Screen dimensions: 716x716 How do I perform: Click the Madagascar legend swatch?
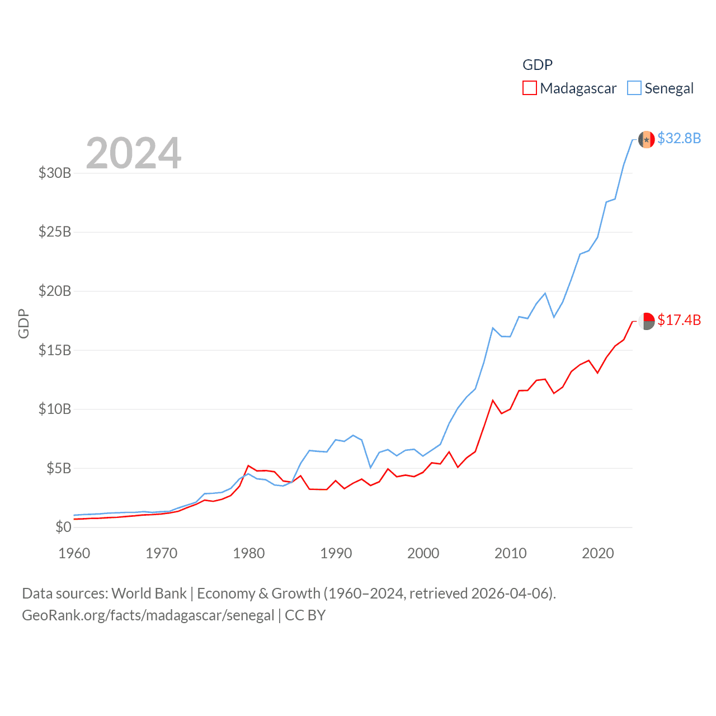point(529,88)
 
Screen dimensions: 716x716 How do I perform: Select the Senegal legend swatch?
point(634,88)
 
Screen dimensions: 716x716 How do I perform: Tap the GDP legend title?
point(537,65)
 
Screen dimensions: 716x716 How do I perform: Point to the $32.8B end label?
point(679,138)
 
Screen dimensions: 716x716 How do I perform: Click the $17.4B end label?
point(679,320)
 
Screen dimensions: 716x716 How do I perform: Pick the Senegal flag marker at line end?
point(647,139)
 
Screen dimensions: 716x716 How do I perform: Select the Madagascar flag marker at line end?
point(647,321)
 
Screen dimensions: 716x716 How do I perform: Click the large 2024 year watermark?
point(134,153)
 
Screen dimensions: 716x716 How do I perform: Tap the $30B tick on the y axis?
point(55,173)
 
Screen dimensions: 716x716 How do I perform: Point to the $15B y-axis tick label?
point(55,350)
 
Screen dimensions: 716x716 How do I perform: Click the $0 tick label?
point(63,527)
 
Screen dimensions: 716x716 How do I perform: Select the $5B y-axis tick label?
point(59,468)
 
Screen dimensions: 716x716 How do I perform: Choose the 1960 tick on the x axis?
point(74,553)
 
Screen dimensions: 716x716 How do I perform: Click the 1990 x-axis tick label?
point(336,553)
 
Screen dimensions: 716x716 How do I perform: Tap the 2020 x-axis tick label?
point(598,553)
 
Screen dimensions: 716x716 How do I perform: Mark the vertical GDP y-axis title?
point(23,323)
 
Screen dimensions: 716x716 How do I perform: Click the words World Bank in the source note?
point(149,593)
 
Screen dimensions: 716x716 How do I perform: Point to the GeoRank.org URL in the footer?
point(148,615)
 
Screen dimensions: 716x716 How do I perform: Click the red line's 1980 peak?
point(248,465)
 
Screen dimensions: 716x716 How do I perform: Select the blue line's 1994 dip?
point(370,467)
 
